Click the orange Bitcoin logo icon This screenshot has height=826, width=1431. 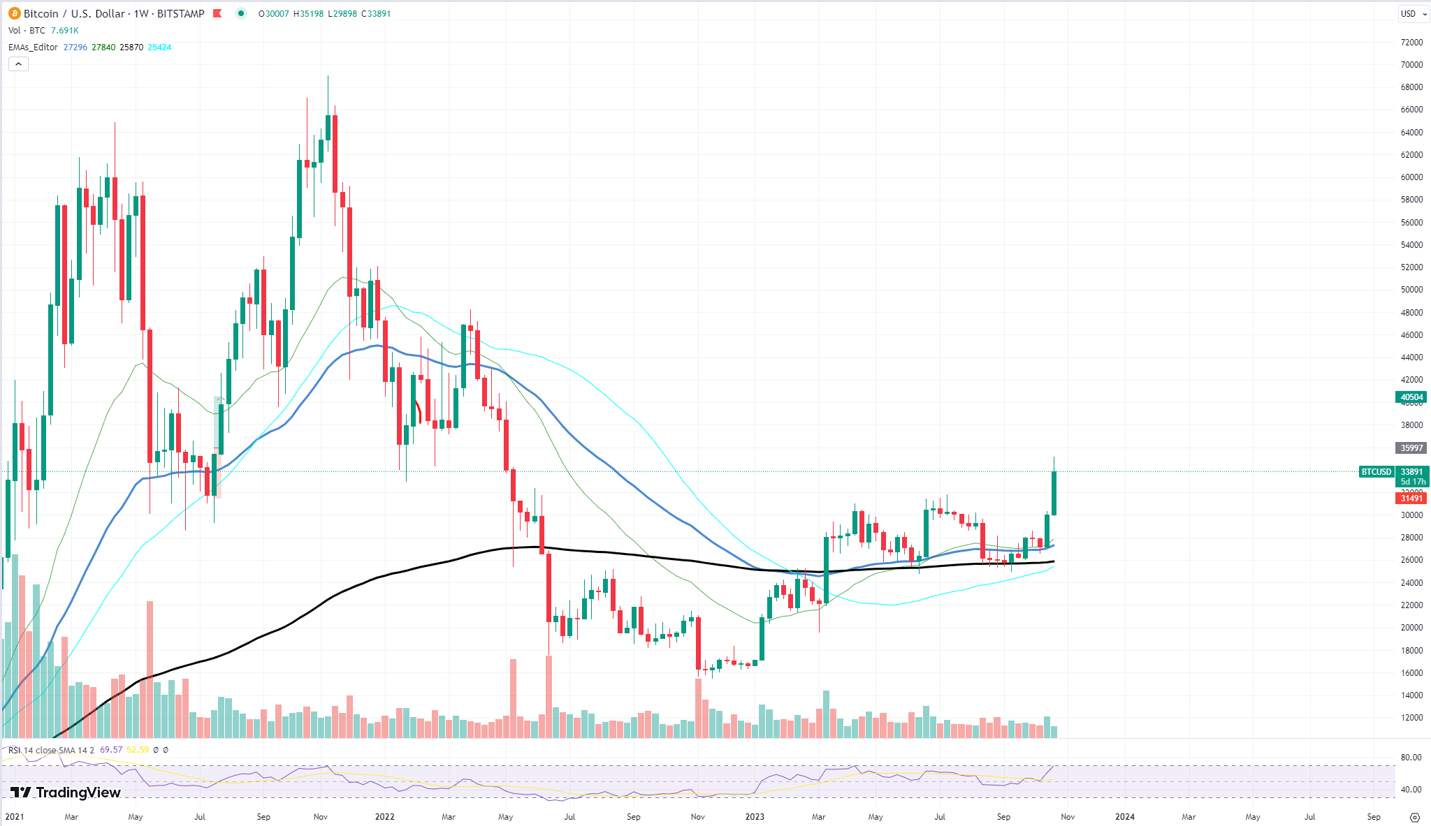[14, 13]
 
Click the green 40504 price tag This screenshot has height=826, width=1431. [1411, 397]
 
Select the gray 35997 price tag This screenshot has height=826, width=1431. [1411, 448]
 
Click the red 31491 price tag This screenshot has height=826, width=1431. [1411, 499]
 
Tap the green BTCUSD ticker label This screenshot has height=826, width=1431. [1376, 472]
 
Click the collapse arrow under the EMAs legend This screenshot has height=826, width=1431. [18, 64]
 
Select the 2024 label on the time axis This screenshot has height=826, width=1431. [1125, 816]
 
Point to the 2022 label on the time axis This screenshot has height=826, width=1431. [384, 816]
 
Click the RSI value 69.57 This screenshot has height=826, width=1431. [111, 750]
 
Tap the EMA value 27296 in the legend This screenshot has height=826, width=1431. [75, 47]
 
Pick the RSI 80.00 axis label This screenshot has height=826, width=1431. [1411, 758]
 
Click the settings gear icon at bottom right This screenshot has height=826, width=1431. [1415, 817]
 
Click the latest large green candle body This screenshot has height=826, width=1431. [1054, 493]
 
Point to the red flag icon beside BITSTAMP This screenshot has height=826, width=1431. [217, 13]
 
